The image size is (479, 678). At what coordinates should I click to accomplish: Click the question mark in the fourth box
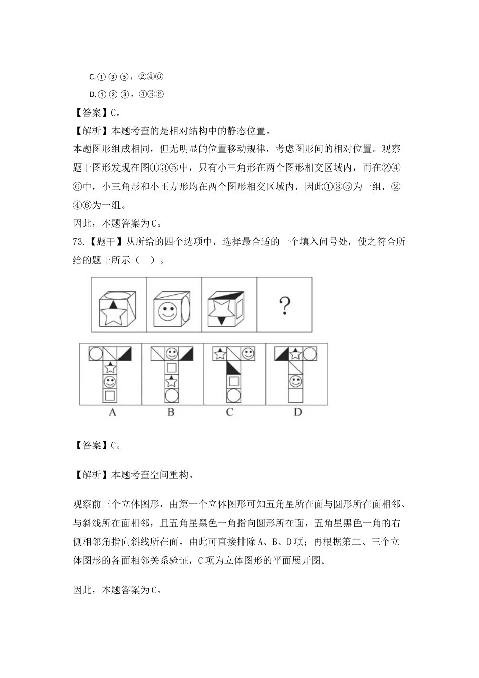[x=285, y=306]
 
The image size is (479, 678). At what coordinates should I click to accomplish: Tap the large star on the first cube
[x=112, y=315]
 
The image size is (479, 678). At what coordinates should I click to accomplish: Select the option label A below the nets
[x=112, y=412]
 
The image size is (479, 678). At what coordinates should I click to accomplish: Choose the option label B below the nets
[x=171, y=412]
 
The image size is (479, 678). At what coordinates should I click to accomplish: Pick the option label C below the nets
[x=229, y=412]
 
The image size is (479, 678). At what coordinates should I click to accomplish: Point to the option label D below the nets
[x=297, y=412]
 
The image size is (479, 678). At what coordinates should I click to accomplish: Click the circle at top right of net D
[x=309, y=354]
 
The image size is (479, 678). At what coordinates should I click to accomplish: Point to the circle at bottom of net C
[x=233, y=395]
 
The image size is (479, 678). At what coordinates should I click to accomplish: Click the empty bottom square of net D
[x=295, y=395]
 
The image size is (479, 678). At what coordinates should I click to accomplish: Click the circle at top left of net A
[x=96, y=354]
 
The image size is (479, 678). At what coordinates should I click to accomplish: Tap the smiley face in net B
[x=172, y=354]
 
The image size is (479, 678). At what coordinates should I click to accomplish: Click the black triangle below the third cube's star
[x=221, y=320]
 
